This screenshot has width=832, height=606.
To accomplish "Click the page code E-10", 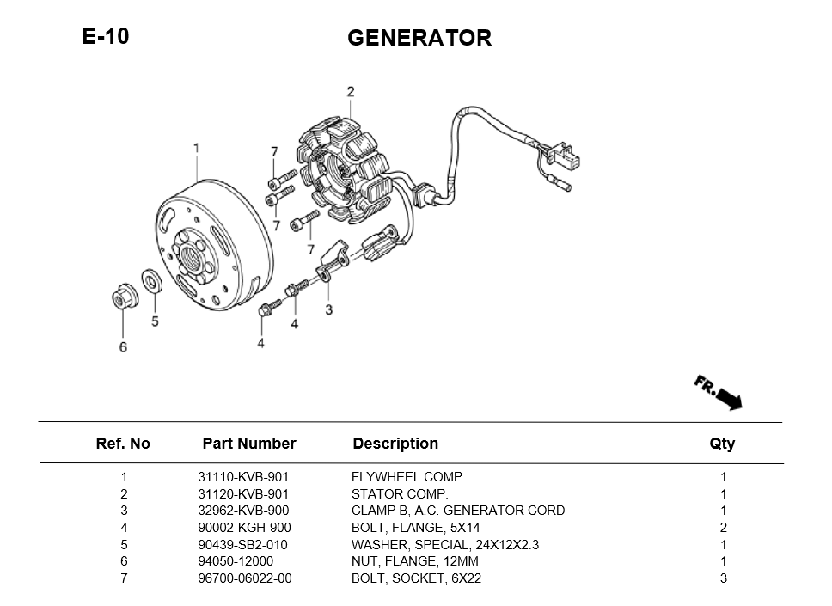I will point(106,36).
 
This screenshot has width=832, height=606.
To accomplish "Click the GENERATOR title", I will point(419,38).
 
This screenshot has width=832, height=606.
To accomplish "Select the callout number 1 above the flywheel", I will point(196,149).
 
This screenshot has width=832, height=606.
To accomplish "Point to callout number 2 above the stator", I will point(350,92).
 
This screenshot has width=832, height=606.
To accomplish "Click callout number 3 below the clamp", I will point(328,309).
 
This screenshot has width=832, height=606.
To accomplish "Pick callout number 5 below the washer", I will point(155,321).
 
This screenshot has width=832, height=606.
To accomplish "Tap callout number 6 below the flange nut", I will point(123,346).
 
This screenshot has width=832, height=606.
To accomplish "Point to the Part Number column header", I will point(248,444).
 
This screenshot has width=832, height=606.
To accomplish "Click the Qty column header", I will point(722,444).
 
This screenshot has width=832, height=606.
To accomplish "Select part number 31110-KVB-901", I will point(243,477).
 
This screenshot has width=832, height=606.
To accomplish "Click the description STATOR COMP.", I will point(400,494).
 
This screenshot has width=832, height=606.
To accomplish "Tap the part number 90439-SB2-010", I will point(243,545).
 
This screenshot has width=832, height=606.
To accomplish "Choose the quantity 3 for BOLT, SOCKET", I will point(724,578).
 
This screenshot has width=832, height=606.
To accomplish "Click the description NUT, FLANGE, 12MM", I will point(415,561).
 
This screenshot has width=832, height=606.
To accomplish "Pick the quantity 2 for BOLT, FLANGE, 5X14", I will point(724,528).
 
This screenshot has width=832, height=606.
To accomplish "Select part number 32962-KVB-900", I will point(243,511).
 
